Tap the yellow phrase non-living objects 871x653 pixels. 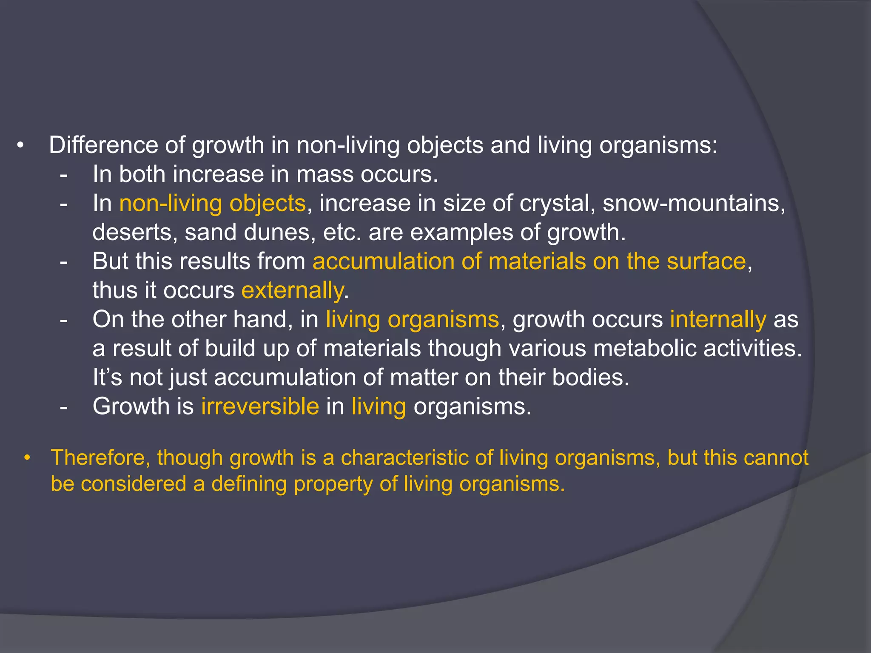(212, 204)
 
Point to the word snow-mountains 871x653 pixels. (693, 204)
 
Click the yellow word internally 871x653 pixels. (718, 320)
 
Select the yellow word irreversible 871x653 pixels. (260, 406)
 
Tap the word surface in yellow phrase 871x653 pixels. (706, 261)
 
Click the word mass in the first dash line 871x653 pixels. (324, 175)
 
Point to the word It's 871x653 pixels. (107, 378)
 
